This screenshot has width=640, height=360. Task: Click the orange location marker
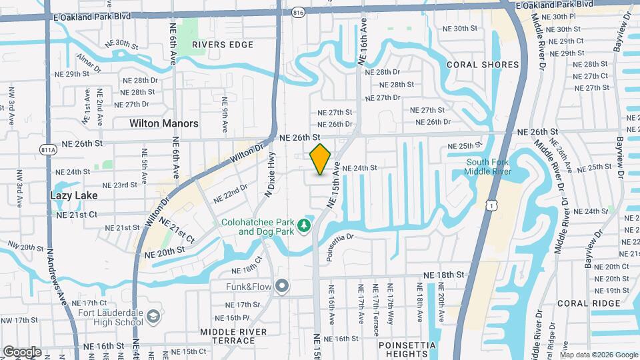click(321, 159)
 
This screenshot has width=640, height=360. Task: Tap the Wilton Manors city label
click(163, 123)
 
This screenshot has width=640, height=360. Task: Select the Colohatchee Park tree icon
click(305, 226)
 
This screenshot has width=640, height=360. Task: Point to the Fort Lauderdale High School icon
click(154, 315)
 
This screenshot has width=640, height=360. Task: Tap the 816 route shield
click(298, 12)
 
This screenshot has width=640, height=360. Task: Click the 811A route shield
click(47, 150)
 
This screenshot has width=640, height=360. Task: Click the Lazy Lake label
click(74, 196)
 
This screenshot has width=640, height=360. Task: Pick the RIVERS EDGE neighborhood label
click(223, 45)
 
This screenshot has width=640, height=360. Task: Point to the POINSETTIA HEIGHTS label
click(407, 349)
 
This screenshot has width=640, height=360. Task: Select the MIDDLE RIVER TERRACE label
click(233, 337)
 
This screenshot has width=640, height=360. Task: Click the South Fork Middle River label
click(493, 167)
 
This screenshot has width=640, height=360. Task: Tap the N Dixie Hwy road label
click(270, 175)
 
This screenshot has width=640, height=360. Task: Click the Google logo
click(22, 351)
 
